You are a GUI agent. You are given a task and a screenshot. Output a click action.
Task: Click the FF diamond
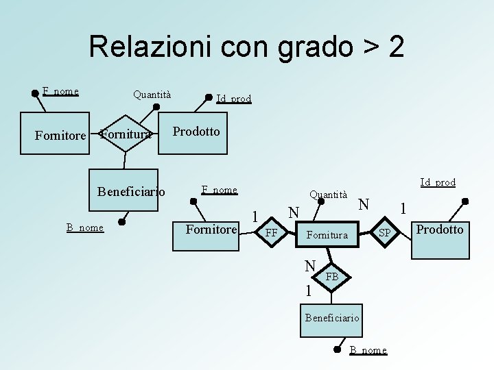pos(272,234)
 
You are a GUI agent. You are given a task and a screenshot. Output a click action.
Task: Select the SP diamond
pos(385,234)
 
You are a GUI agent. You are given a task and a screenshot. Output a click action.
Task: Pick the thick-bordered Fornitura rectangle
pos(328,234)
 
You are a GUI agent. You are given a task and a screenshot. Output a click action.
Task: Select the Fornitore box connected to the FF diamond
pos(211,230)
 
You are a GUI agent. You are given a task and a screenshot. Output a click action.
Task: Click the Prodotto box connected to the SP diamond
pos(440,230)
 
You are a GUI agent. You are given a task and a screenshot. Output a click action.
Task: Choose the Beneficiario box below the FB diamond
pos(332,318)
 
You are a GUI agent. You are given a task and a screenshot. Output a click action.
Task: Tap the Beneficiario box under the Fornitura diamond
pos(131,192)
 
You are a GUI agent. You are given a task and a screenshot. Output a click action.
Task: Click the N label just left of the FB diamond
pos(311,265)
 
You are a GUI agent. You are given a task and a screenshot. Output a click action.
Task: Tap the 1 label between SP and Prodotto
pos(404,207)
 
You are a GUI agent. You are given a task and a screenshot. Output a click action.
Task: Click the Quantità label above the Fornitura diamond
pos(329,195)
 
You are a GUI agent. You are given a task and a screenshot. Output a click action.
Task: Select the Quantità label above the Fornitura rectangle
pos(152,95)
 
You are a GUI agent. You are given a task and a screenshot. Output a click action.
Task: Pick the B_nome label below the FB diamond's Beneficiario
pos(368,350)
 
